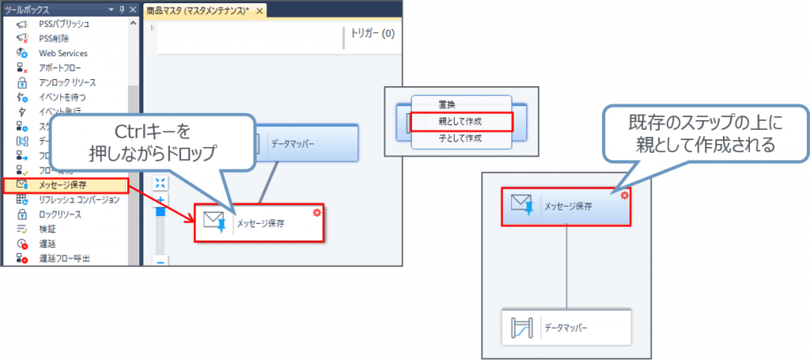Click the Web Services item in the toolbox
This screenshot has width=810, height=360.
(62, 53)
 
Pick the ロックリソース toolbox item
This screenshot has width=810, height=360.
(60, 214)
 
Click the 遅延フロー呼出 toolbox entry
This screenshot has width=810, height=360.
(64, 258)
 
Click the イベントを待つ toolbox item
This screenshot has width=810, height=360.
(62, 97)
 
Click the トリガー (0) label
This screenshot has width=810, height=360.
(372, 34)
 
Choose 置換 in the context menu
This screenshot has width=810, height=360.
(447, 104)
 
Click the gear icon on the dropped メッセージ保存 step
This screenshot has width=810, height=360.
(317, 212)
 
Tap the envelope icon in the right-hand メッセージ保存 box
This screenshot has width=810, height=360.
(521, 207)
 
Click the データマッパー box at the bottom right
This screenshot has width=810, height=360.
(567, 327)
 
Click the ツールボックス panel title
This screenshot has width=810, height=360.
(27, 10)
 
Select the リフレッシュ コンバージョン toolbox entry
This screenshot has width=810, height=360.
(79, 200)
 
